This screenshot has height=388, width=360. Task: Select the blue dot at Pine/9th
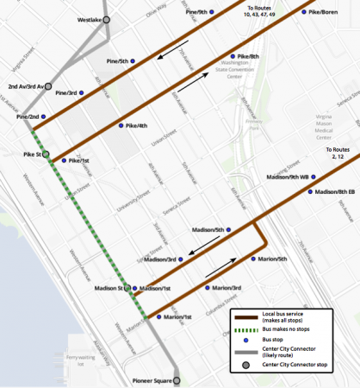tap(212, 13)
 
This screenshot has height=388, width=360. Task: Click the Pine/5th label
tap(116, 61)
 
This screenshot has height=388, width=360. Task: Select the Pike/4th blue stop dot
tap(121, 127)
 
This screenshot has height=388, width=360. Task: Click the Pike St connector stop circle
tap(47, 156)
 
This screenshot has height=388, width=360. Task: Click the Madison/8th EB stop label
tap(334, 191)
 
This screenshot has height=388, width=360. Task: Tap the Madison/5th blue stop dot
tap(228, 230)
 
